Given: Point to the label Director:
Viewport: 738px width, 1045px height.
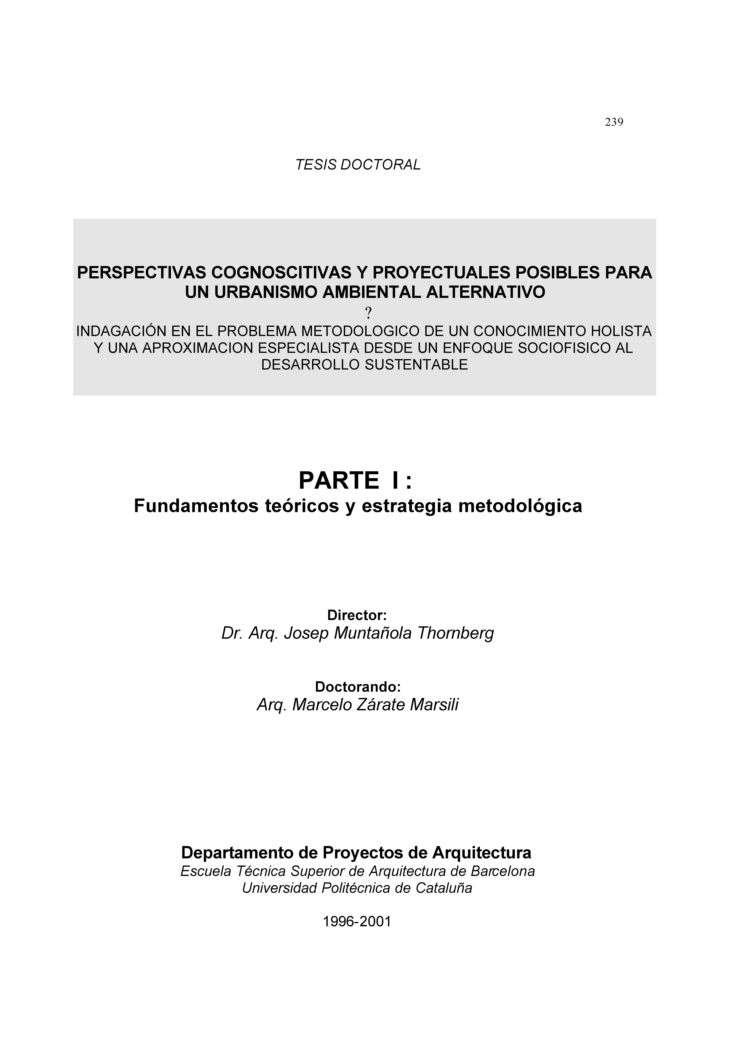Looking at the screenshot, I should pos(357,615).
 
